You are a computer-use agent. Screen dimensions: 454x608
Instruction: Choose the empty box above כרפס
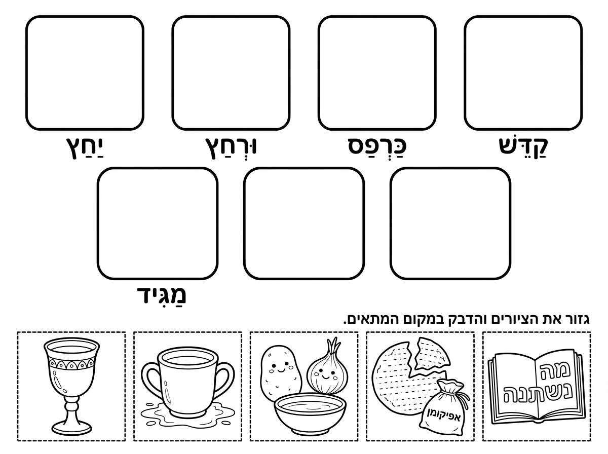point(377,72)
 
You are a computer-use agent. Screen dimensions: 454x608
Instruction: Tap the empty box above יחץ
point(85,72)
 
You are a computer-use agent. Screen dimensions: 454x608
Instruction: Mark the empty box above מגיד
point(158,223)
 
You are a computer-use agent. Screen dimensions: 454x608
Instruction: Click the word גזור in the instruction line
point(577,320)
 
